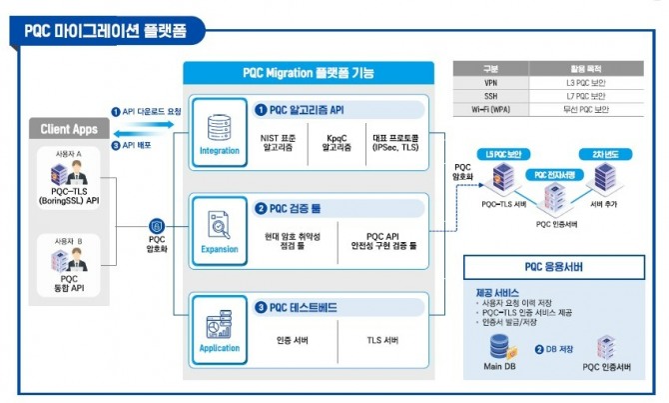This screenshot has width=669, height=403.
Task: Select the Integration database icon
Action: (x=219, y=128)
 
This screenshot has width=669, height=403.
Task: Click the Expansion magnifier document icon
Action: (x=219, y=226)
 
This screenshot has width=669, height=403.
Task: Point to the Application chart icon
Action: (x=219, y=325)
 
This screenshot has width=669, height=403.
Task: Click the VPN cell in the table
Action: (x=489, y=81)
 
